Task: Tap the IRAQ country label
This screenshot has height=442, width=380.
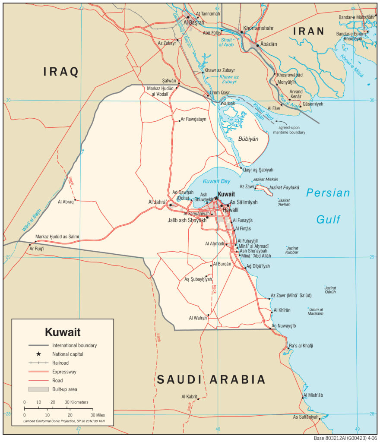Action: click(60, 72)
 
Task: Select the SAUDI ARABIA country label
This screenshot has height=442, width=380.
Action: click(211, 380)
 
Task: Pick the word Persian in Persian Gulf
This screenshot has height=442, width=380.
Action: click(328, 193)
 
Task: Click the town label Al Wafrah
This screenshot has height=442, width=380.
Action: click(198, 318)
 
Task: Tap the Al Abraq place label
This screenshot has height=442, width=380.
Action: click(66, 202)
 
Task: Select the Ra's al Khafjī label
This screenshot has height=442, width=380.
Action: click(301, 346)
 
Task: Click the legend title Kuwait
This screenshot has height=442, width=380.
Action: click(63, 332)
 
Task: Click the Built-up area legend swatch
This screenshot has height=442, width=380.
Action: click(38, 389)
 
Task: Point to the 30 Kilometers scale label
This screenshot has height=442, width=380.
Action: click(76, 402)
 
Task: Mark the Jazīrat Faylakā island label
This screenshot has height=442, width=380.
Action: click(284, 188)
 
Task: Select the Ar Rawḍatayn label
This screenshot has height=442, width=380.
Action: click(193, 119)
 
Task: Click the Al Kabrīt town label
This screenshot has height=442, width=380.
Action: click(189, 396)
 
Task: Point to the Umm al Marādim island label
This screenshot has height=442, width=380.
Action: click(316, 312)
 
